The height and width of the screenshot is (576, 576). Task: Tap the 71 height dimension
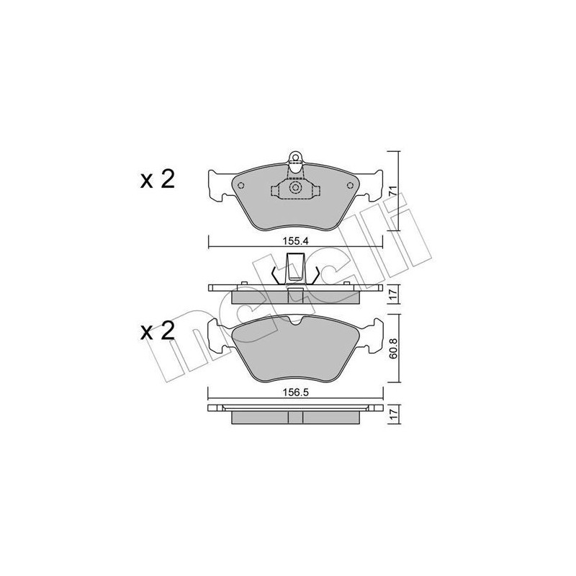(394, 191)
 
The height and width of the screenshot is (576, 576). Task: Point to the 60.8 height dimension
(394, 350)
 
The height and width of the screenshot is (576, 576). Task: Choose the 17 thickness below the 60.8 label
(394, 415)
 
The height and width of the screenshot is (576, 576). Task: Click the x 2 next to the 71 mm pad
(157, 180)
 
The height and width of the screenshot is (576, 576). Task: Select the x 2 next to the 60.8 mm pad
(157, 331)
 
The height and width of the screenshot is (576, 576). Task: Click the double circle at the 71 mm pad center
(294, 189)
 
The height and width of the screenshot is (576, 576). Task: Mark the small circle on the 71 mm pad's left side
(241, 186)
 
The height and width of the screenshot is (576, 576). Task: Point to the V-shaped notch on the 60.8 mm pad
(295, 323)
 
